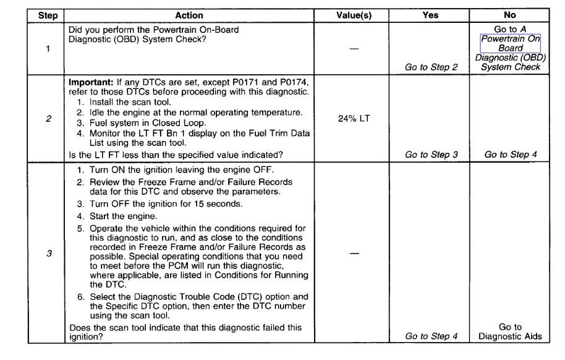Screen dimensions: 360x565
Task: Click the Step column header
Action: point(48,15)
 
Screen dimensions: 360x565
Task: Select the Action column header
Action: point(190,15)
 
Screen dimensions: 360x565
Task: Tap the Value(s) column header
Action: point(354,15)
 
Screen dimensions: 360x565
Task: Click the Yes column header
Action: point(431,15)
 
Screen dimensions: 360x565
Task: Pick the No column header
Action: point(511,15)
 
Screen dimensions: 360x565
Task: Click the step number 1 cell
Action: point(48,49)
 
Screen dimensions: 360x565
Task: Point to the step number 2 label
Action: point(48,119)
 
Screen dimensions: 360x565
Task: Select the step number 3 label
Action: point(48,252)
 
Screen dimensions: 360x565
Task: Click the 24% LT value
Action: point(354,118)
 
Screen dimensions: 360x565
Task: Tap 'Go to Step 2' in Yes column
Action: point(431,67)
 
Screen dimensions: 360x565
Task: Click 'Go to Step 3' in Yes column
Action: point(431,155)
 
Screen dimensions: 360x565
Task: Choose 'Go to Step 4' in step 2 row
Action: point(511,155)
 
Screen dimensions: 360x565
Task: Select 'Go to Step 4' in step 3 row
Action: point(431,336)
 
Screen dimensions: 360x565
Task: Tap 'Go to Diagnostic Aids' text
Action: point(511,332)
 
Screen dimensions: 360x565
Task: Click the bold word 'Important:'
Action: point(90,82)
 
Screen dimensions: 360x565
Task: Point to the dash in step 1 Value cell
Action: point(354,49)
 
